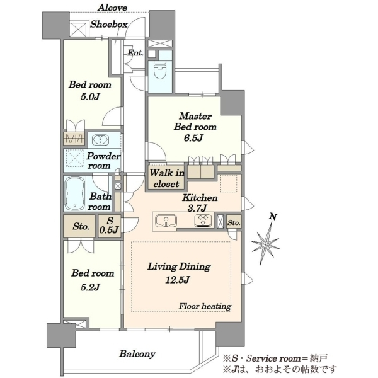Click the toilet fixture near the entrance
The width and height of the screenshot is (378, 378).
[160, 71]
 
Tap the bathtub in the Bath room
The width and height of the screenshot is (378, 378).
[75, 194]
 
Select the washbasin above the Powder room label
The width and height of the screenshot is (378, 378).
[101, 140]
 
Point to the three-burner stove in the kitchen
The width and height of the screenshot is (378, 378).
[203, 220]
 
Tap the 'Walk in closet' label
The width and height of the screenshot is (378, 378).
[166, 178]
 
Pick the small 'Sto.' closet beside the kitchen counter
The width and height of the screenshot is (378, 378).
[234, 222]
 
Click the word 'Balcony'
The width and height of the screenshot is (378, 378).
[137, 354]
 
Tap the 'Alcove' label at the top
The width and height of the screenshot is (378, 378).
[112, 8]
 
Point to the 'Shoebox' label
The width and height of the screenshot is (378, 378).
[109, 25]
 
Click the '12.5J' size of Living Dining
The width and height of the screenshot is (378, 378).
[178, 280]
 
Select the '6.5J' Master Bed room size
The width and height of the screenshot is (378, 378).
[193, 138]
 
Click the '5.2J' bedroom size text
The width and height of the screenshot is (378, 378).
[90, 287]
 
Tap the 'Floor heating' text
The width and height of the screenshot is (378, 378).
[205, 306]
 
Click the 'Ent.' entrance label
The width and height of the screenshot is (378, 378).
[135, 52]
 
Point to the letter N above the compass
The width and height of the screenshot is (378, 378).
[273, 217]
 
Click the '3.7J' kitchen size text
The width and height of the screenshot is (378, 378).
[197, 208]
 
